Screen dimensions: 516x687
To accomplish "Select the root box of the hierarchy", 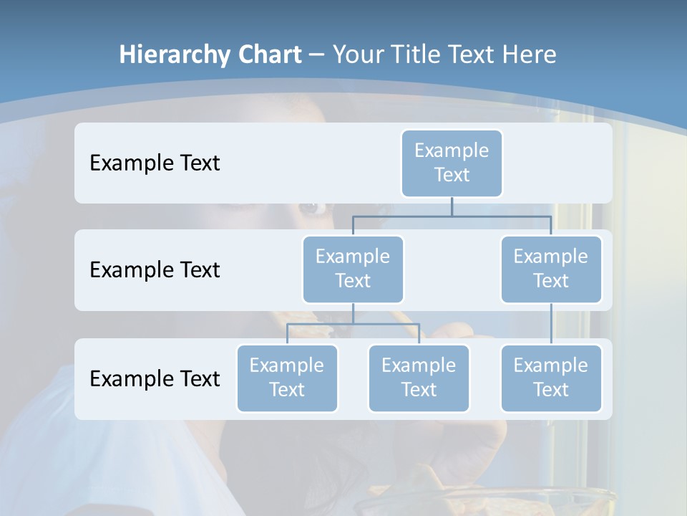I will pyautogui.click(x=452, y=163).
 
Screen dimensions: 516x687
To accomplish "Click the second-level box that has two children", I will pyautogui.click(x=353, y=269).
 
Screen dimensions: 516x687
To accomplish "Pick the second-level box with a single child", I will pyautogui.click(x=551, y=269).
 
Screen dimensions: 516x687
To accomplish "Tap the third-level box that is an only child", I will pyautogui.click(x=551, y=378).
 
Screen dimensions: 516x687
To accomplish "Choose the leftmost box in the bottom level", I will pyautogui.click(x=287, y=378).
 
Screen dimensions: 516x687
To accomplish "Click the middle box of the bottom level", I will pyautogui.click(x=419, y=378).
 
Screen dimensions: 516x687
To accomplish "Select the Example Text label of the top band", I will pyautogui.click(x=155, y=163).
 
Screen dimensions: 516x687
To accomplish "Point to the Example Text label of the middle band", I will pyautogui.click(x=155, y=269).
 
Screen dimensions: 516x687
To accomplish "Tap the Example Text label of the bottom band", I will pyautogui.click(x=155, y=378).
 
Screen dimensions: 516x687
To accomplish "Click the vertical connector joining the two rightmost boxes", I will pyautogui.click(x=551, y=324).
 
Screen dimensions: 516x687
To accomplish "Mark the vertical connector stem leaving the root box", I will pyautogui.click(x=452, y=206).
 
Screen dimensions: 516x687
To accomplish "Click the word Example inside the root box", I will pyautogui.click(x=452, y=150).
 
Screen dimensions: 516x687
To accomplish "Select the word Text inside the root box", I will pyautogui.click(x=452, y=175).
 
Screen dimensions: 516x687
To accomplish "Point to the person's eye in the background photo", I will pyautogui.click(x=310, y=208).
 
